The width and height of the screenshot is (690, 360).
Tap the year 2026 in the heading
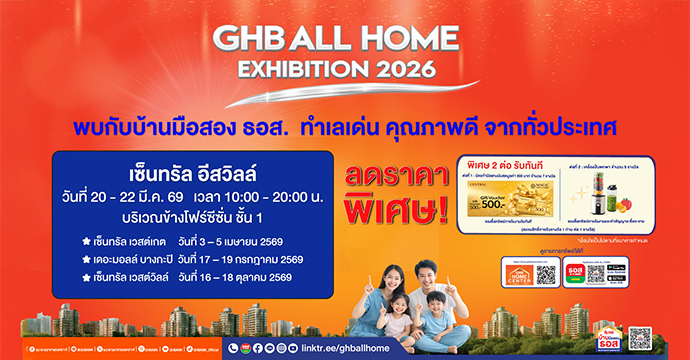tap(399, 71)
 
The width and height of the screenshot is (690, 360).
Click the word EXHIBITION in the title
tap(296, 71)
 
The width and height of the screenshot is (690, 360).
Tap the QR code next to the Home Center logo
tap(544, 276)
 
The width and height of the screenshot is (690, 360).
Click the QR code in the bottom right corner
tap(640, 338)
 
